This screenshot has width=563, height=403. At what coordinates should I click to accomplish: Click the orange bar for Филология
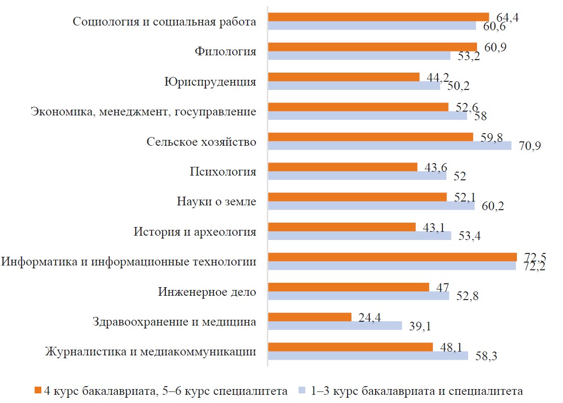(372, 47)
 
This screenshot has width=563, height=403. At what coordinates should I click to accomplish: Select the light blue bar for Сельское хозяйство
(389, 146)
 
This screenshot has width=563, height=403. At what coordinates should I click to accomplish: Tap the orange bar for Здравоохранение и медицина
(310, 317)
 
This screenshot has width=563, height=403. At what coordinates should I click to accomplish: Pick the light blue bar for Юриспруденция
(354, 86)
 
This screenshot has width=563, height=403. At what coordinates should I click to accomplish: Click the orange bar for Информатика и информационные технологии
(392, 257)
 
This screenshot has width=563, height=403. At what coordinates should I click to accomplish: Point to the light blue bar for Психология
(357, 176)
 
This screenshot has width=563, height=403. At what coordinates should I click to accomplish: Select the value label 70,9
(530, 146)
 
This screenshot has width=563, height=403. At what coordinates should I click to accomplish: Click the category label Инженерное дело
(207, 292)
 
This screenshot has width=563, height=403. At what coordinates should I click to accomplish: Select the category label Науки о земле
(216, 202)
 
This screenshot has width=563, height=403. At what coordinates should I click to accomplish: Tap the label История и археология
(195, 232)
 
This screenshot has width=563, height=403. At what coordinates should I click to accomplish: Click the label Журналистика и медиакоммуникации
(150, 352)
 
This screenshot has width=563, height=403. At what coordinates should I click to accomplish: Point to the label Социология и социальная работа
(164, 22)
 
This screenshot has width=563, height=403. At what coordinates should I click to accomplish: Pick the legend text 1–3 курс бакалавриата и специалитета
(416, 390)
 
